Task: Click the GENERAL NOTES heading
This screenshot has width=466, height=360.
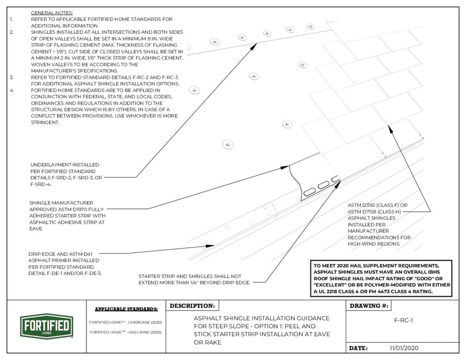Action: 51,13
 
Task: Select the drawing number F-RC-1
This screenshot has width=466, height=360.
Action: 403,320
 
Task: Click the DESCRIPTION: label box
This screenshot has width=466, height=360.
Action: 192,306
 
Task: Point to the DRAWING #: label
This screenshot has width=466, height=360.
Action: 368,306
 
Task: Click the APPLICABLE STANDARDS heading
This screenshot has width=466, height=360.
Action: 126,309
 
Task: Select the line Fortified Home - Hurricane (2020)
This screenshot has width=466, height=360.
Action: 126,322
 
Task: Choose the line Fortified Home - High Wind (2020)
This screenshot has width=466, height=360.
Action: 126,332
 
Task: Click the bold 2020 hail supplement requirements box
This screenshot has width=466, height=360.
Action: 381,279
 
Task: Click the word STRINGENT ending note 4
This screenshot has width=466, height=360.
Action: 45,122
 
